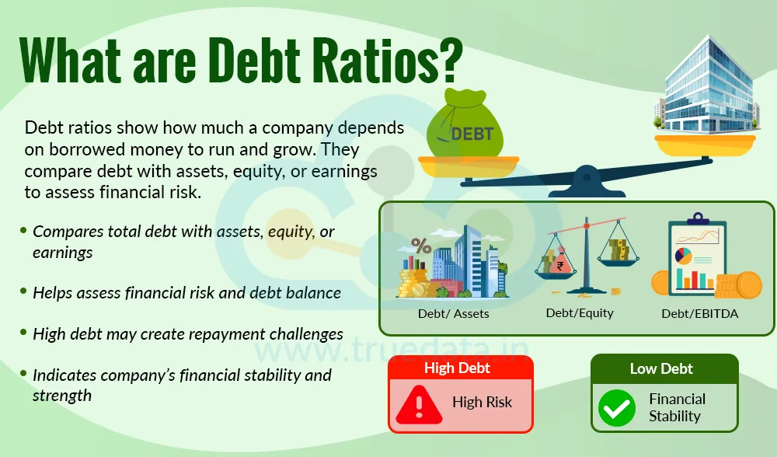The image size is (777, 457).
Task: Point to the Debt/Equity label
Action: [x=579, y=312]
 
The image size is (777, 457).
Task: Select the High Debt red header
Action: [x=457, y=368]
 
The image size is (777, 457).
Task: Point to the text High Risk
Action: [x=482, y=403]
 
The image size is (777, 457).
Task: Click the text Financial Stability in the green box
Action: [x=677, y=407]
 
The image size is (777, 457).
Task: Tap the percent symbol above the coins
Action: [x=421, y=246]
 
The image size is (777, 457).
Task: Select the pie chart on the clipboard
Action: [x=685, y=255]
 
